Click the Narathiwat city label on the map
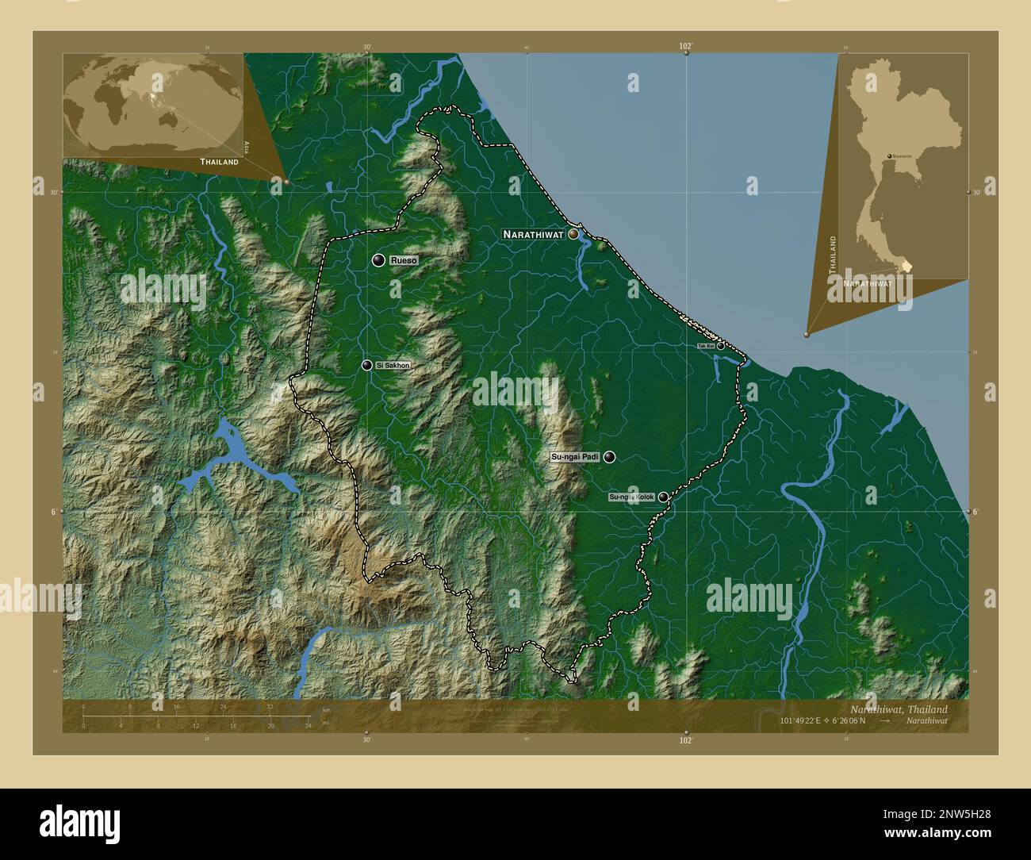(x=532, y=235)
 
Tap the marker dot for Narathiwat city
(x=573, y=235)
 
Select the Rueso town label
(x=403, y=260)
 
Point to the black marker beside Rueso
(x=378, y=260)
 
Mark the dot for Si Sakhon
(x=366, y=365)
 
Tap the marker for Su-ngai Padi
(x=609, y=457)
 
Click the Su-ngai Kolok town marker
(x=663, y=497)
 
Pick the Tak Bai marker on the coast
(x=720, y=346)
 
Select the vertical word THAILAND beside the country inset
(x=832, y=255)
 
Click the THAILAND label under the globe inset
(x=219, y=162)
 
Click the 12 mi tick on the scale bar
(x=196, y=725)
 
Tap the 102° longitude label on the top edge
(x=686, y=48)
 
